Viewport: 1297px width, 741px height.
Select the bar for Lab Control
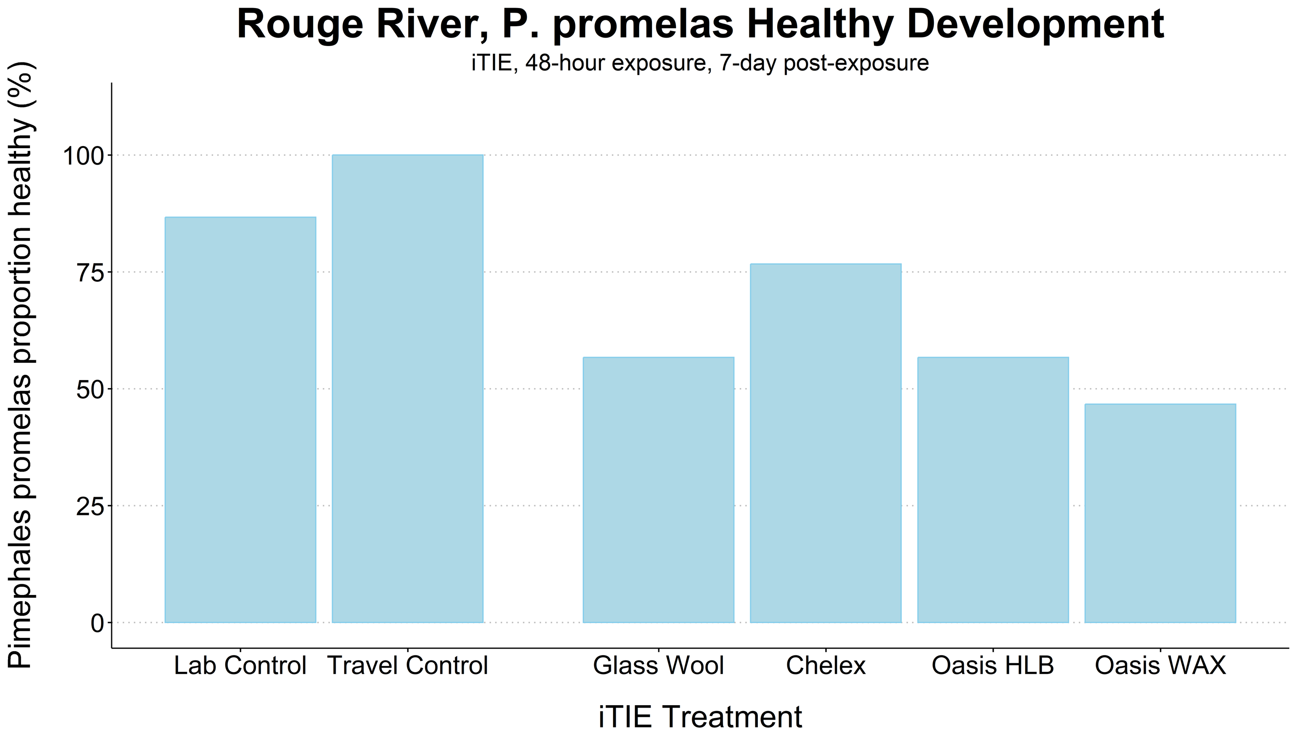coord(240,419)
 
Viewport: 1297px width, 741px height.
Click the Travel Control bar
coord(407,388)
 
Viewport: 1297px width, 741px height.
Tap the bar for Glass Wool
coord(659,490)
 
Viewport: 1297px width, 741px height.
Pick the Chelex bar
coord(825,443)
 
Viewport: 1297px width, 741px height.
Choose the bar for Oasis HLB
coord(993,490)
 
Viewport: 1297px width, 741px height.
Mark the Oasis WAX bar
coord(1160,513)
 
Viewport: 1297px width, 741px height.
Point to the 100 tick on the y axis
coord(83,155)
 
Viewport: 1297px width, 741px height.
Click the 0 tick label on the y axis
coord(97,623)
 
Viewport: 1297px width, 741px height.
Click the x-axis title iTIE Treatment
coord(700,717)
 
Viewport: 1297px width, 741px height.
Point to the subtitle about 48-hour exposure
coord(700,63)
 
